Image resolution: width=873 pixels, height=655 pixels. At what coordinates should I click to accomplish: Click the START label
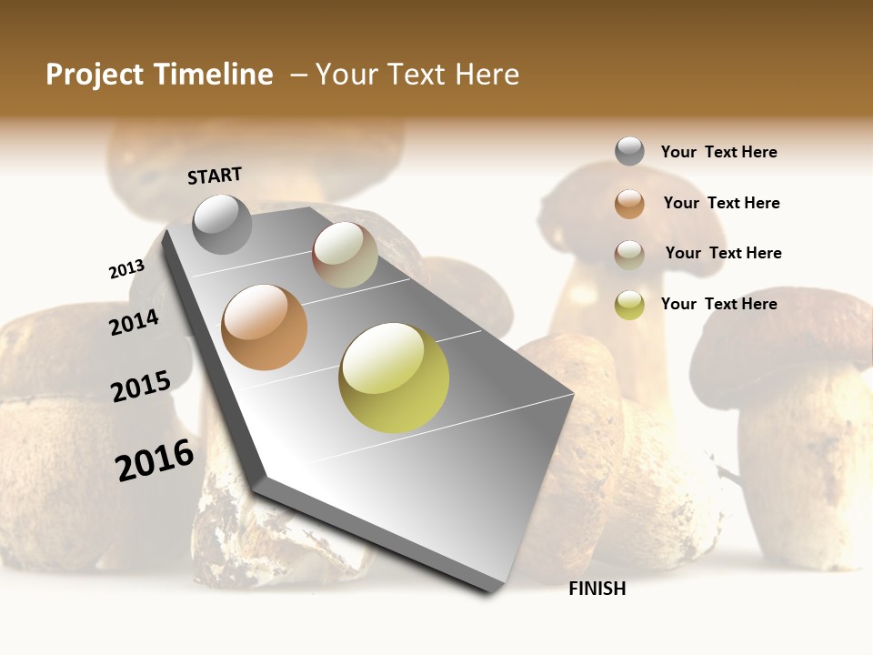coord(215,176)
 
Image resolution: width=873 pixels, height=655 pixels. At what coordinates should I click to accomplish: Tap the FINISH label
coord(597,589)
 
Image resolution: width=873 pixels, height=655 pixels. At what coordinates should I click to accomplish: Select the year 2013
coord(126,268)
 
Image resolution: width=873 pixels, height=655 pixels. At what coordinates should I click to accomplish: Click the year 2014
coord(134,322)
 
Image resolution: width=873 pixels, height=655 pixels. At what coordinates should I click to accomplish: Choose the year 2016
coord(155,460)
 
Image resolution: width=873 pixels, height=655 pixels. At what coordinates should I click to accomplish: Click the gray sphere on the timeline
coord(222,224)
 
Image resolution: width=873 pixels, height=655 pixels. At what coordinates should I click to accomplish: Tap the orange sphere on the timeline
coord(264,327)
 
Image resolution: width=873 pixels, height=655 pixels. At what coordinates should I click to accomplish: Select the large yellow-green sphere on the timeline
coord(394,378)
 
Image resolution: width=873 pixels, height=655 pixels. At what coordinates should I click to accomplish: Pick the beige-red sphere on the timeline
coord(345,255)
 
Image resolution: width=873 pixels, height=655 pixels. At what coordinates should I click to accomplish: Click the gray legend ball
coord(629,152)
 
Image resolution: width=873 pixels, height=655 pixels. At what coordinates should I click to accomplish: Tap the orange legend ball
coord(629,204)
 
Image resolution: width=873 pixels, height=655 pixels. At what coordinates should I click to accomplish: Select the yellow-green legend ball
coord(629,305)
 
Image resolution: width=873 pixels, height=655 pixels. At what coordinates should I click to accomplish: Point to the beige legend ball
coord(629,254)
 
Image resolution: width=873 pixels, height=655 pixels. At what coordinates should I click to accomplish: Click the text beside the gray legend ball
coord(718,152)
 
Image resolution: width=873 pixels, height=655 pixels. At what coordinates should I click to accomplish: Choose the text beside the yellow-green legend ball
coord(718,304)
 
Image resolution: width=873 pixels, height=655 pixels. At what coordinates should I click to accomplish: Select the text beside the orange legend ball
coord(721,203)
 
